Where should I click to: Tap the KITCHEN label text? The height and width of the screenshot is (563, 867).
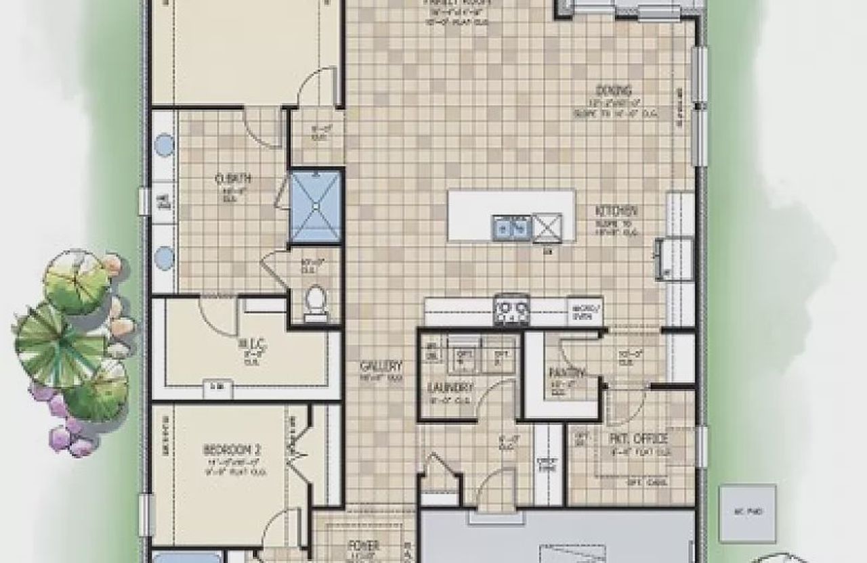tap(616, 210)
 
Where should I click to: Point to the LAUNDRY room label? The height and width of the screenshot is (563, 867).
tap(449, 388)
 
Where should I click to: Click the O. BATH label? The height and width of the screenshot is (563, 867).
tap(233, 179)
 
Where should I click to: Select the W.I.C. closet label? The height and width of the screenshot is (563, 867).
tap(253, 344)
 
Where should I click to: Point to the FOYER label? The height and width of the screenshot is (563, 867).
tap(364, 545)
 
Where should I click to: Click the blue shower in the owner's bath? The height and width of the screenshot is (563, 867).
tap(315, 206)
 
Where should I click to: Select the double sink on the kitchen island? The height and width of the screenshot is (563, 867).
tap(511, 227)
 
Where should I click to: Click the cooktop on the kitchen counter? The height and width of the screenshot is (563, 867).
tap(512, 311)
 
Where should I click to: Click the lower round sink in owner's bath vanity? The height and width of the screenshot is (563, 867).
tap(165, 256)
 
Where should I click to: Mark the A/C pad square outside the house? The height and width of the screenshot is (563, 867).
tap(747, 512)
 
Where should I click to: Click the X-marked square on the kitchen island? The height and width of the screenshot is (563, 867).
tap(547, 227)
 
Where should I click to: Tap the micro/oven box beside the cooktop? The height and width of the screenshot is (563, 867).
tap(585, 311)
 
